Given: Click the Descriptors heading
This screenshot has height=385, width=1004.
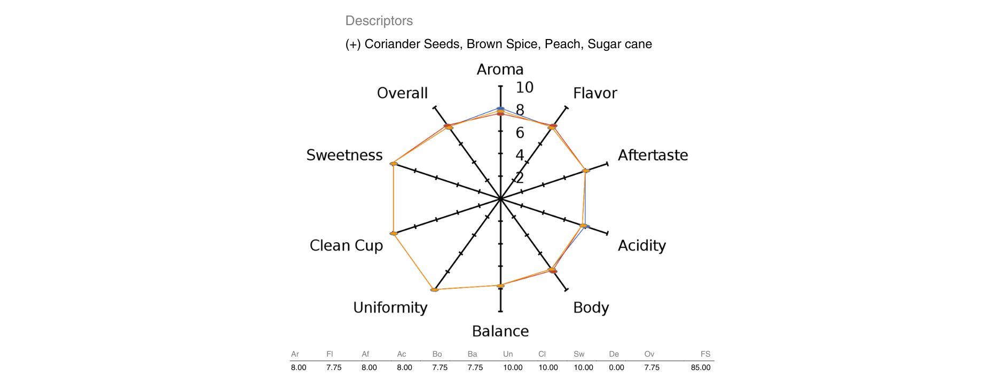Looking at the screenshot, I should click(379, 21).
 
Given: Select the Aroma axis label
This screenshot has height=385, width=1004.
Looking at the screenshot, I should click(500, 70).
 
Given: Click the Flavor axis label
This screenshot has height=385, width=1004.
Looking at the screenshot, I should click(595, 93).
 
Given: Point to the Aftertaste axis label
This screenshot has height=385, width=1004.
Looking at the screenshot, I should click(653, 155).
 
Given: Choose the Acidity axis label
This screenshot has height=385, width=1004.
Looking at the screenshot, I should click(641, 245).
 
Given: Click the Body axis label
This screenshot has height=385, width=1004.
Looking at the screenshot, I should click(591, 307).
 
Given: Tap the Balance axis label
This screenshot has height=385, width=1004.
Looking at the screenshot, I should click(500, 332).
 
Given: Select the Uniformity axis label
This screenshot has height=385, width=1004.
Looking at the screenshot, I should click(390, 307).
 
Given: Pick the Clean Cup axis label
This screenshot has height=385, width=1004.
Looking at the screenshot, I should click(346, 245).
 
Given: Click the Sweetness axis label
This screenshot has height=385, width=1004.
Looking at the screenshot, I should click(344, 155).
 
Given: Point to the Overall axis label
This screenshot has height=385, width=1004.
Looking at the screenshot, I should click(402, 93).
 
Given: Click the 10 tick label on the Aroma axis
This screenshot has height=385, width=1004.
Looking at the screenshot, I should click(524, 88).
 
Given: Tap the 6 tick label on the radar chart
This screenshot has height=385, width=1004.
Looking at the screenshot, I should click(520, 133).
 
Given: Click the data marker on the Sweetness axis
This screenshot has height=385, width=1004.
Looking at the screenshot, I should click(394, 164).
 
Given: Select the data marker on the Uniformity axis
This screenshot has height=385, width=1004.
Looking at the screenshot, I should click(435, 289).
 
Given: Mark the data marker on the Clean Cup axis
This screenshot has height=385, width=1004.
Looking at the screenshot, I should click(394, 234).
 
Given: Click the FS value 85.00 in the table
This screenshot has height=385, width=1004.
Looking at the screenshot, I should click(700, 367).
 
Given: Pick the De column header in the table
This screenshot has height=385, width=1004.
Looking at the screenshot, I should click(614, 354).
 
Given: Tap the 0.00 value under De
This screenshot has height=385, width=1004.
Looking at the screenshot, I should click(616, 367).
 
